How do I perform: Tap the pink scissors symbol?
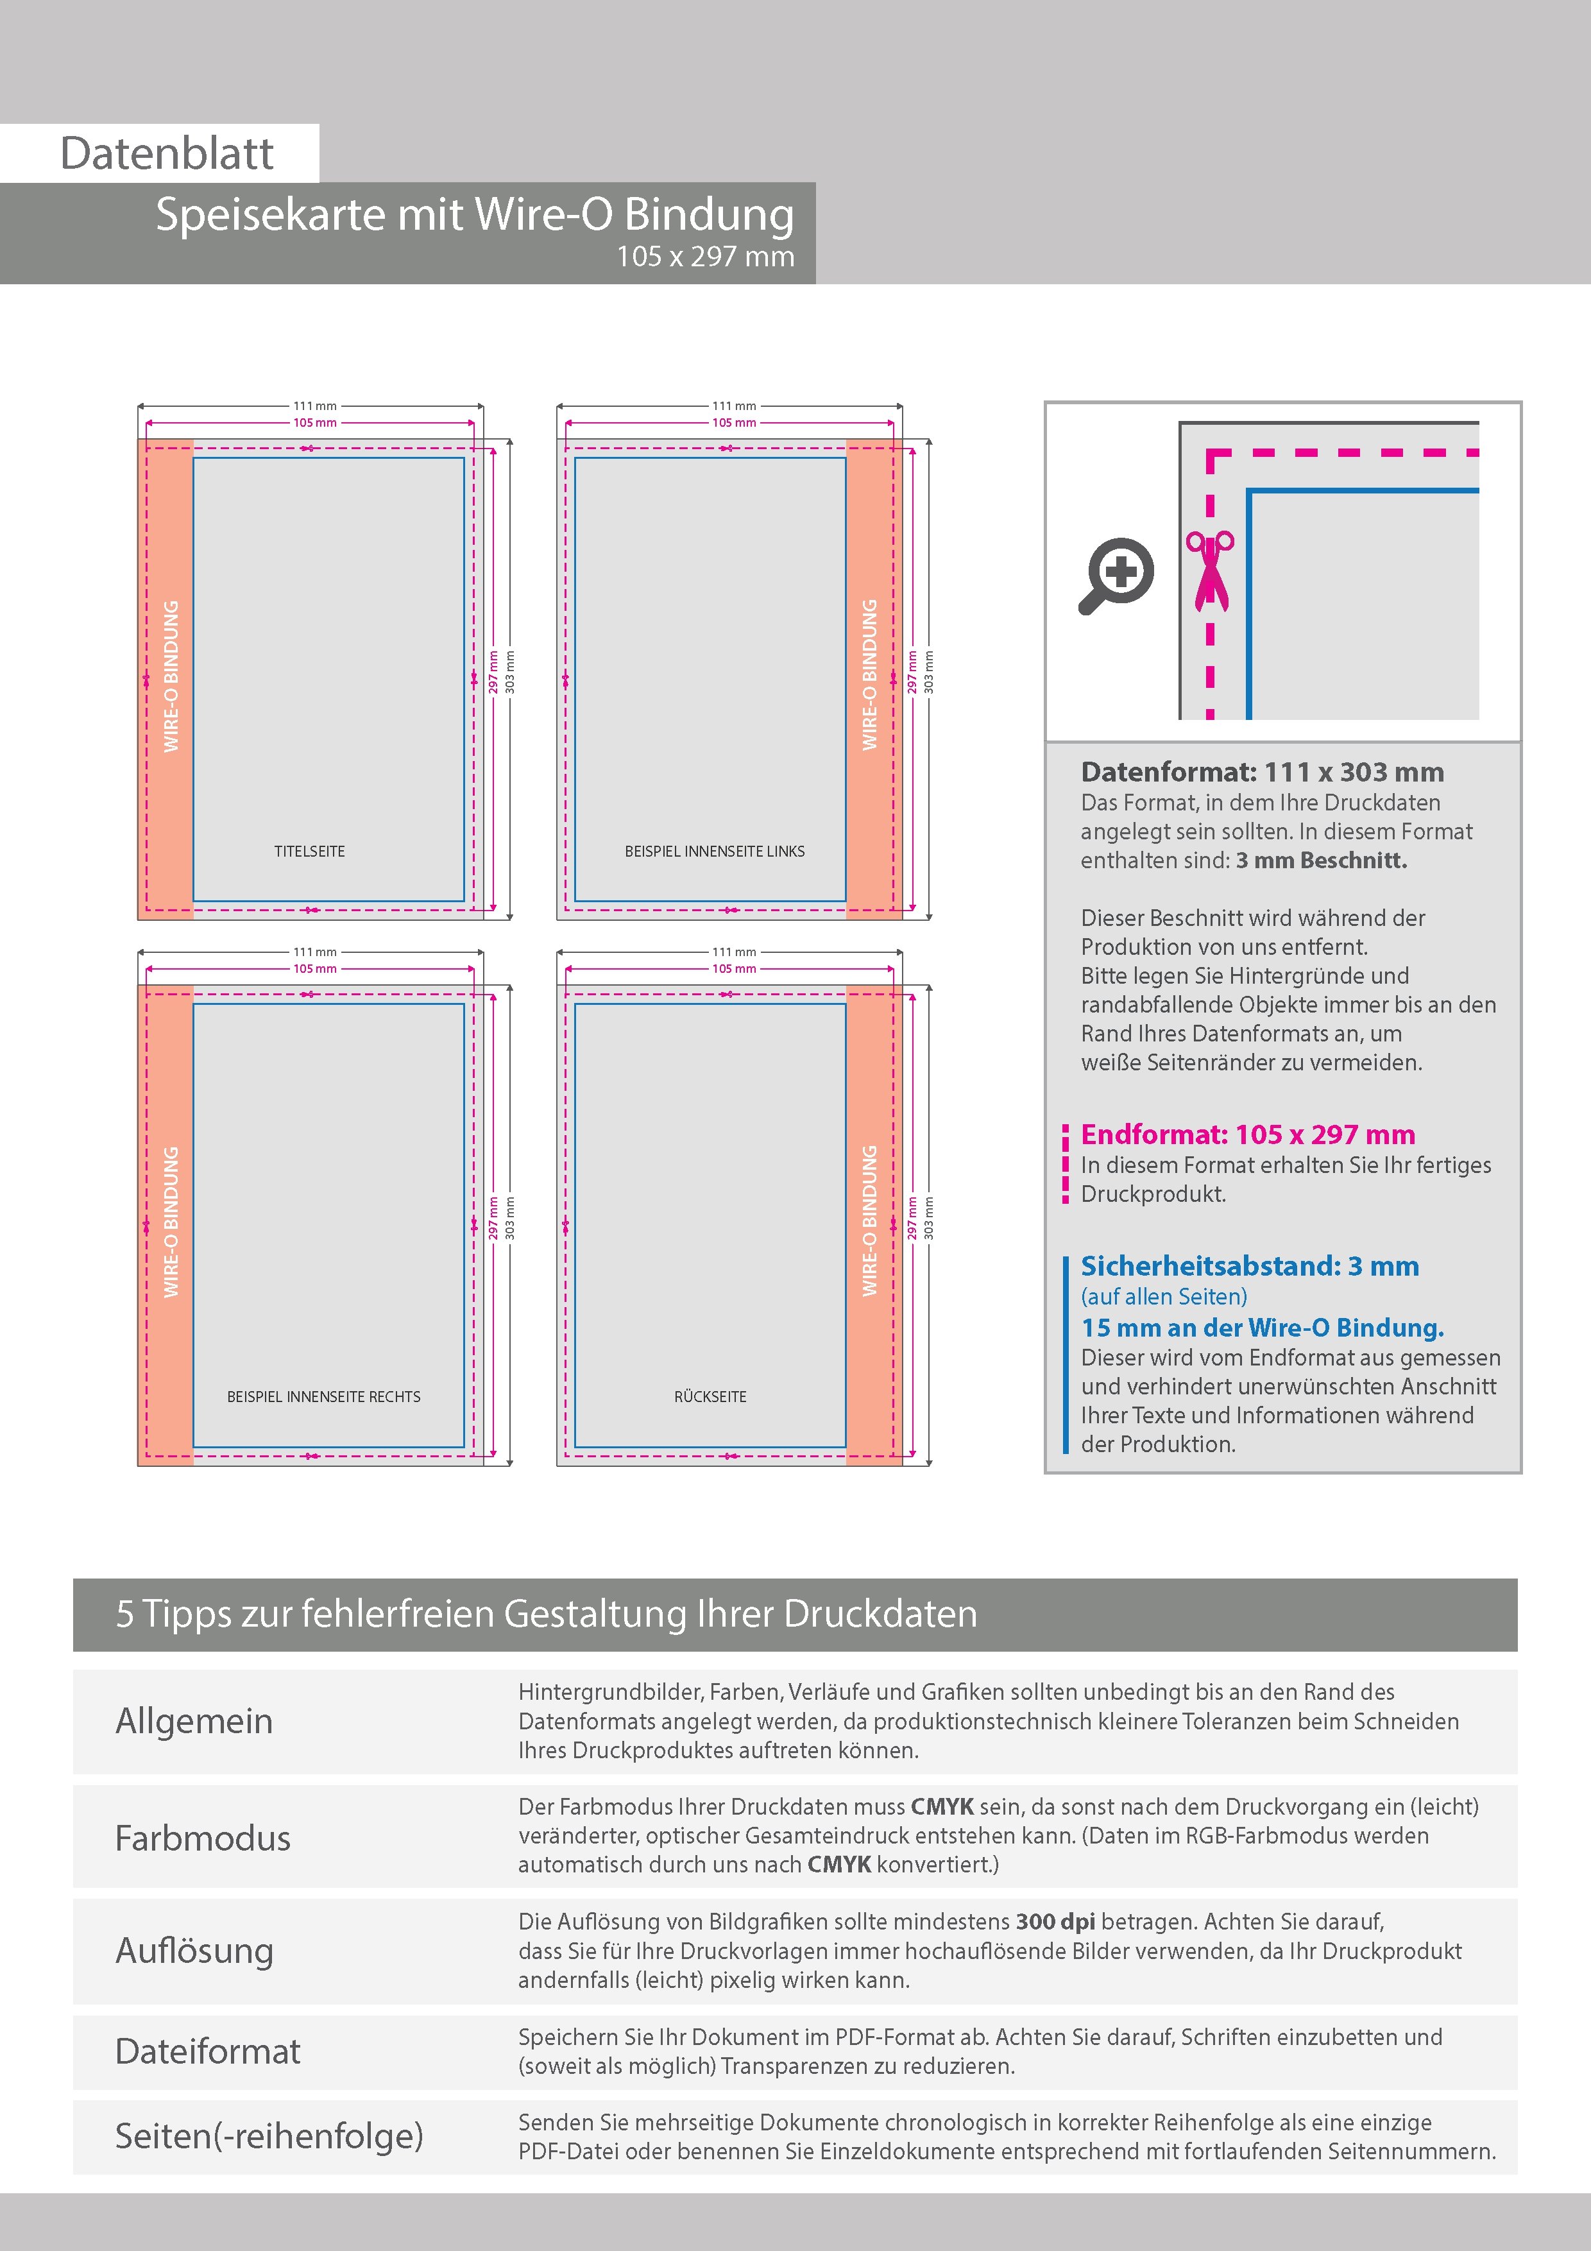tap(1211, 572)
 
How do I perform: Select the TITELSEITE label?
tap(310, 851)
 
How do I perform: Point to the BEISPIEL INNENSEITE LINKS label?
tap(715, 851)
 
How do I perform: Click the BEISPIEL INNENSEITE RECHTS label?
tap(323, 1396)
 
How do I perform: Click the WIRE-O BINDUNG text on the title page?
tap(171, 676)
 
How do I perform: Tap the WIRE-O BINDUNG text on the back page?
tap(869, 1222)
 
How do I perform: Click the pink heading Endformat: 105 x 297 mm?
tap(1248, 1134)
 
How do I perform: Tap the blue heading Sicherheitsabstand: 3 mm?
tap(1250, 1265)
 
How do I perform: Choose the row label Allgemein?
tap(194, 1720)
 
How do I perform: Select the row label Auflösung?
tap(194, 1950)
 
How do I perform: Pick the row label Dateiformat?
tap(208, 2051)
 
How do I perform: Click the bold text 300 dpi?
tap(1056, 1922)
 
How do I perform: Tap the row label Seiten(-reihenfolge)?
tap(269, 2135)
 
